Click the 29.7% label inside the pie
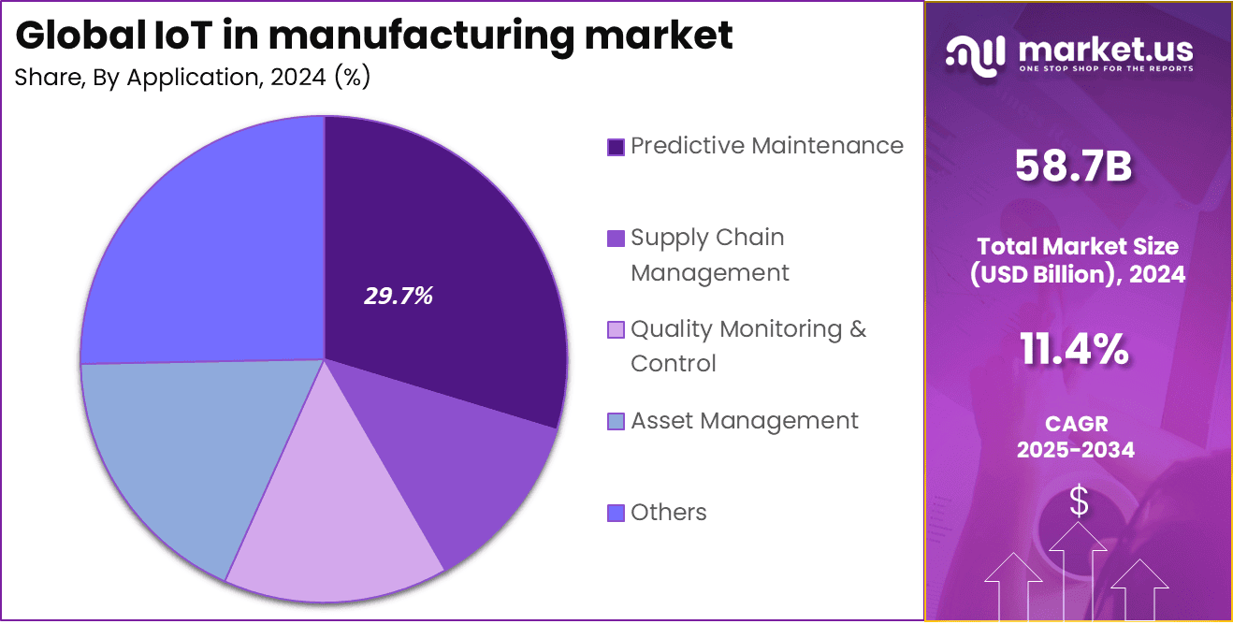pyautogui.click(x=399, y=297)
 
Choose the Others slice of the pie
pyautogui.click(x=206, y=253)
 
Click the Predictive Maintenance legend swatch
pyautogui.click(x=616, y=147)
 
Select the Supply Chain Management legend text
pyautogui.click(x=709, y=254)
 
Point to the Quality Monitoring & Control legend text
pyautogui.click(x=748, y=346)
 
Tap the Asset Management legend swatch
pyautogui.click(x=616, y=422)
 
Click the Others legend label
pyautogui.click(x=668, y=512)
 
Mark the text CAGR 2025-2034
pyautogui.click(x=1076, y=437)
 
